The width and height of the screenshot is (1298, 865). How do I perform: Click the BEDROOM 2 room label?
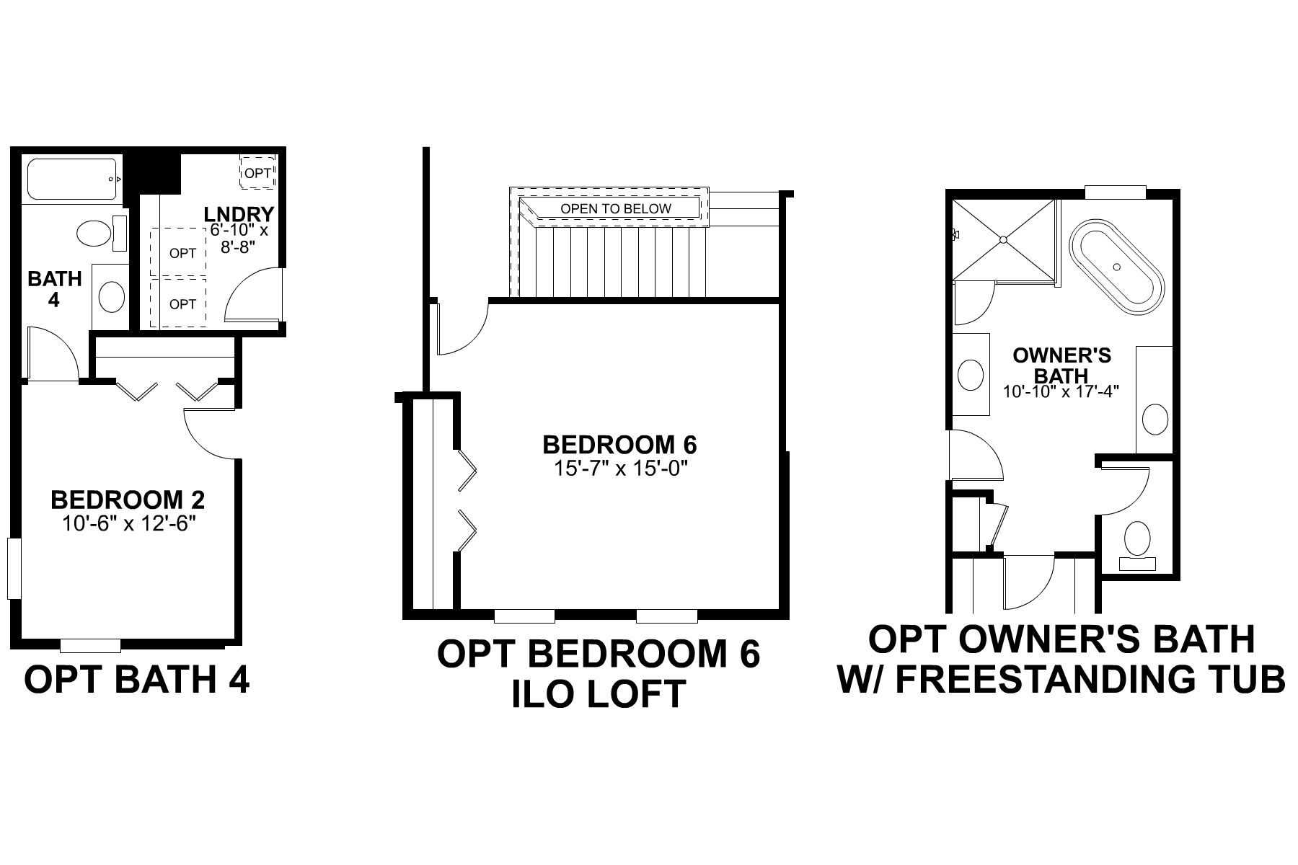128,500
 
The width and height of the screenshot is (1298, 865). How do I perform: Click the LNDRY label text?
239,214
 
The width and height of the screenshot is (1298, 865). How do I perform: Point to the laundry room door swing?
252,296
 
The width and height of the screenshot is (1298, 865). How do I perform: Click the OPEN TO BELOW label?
616,209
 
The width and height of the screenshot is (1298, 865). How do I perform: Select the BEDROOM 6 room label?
619,444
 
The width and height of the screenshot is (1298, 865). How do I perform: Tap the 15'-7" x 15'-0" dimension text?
619,469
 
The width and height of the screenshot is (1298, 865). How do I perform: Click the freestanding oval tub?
1116,267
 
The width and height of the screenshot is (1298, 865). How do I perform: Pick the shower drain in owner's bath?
1003,239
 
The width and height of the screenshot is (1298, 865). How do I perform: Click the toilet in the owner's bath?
1137,539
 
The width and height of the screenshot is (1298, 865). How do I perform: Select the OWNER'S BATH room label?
1061,365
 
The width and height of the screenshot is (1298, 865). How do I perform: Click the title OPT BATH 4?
137,679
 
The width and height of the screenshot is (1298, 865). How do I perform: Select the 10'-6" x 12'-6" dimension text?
129,524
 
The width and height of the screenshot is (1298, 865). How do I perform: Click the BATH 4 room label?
54,289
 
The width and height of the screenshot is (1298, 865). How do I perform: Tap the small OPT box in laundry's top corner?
257,173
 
